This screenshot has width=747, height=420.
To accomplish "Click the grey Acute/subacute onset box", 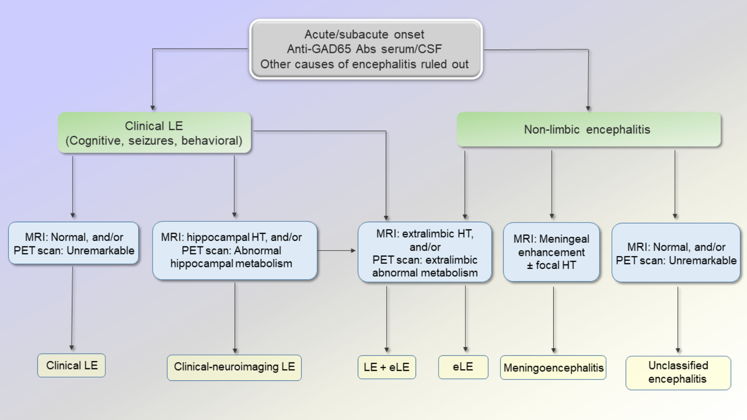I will [x=366, y=49].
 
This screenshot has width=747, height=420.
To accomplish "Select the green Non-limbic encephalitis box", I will [x=588, y=130].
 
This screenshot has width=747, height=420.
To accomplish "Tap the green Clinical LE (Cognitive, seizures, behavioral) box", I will [x=154, y=133].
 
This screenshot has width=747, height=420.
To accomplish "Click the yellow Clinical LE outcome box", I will [x=72, y=366].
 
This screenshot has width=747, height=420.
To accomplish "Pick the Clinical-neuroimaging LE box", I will [x=234, y=367].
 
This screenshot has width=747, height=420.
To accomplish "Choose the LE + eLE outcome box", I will [x=387, y=367].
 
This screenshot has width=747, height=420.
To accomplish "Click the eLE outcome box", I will [x=463, y=367].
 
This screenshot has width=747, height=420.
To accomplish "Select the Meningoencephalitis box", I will [x=553, y=368].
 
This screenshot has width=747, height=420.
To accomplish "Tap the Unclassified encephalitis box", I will [x=678, y=372].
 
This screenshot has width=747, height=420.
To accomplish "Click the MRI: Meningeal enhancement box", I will [x=551, y=252].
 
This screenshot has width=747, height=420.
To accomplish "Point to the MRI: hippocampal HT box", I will [x=234, y=250].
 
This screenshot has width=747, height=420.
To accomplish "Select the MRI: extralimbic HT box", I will [x=425, y=253].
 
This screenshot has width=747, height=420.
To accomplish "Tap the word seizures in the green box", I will [x=151, y=141].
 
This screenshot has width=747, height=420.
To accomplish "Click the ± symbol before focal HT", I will [x=530, y=266].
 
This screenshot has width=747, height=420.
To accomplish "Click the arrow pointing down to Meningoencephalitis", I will [x=554, y=319].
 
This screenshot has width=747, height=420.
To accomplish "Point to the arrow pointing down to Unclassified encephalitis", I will [x=678, y=319].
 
